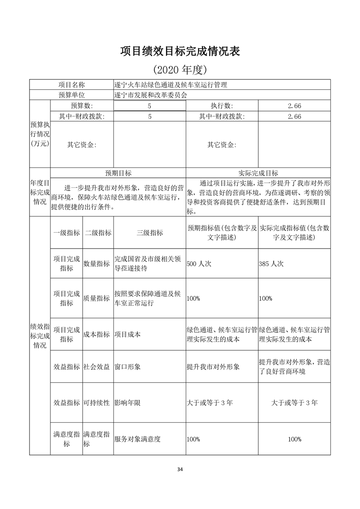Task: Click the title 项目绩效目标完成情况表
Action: (x=180, y=51)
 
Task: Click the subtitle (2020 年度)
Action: (x=180, y=70)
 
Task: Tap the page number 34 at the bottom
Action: (x=180, y=469)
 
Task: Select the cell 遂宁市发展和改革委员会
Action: (x=151, y=95)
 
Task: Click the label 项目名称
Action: (x=72, y=85)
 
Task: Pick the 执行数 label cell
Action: (x=222, y=106)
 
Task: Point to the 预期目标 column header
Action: (x=118, y=173)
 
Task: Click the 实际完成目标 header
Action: (x=258, y=173)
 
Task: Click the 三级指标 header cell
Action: (x=150, y=233)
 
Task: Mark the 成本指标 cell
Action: (x=97, y=334)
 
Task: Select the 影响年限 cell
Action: (x=127, y=403)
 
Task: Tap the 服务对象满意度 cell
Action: (x=138, y=439)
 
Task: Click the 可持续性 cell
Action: (x=97, y=403)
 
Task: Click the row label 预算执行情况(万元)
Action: (x=39, y=134)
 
